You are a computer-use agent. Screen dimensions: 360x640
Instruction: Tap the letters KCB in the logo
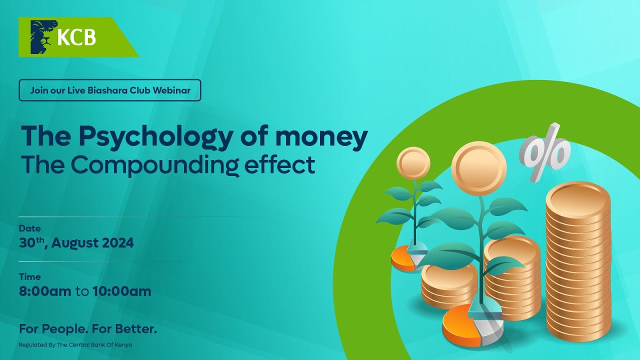[76, 37]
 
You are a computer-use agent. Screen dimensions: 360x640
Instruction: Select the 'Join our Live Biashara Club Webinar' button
[110, 90]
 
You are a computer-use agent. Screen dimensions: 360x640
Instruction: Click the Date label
[29, 228]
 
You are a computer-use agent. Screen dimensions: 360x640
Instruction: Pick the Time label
[29, 276]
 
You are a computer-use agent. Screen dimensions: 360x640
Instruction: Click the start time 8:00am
[45, 291]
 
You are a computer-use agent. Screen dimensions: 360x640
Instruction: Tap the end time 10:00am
[121, 291]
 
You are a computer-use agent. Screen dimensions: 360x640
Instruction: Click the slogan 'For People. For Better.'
[88, 329]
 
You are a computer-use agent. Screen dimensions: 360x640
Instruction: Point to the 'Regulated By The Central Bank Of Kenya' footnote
[75, 345]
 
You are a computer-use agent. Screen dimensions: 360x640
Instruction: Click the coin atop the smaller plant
[413, 163]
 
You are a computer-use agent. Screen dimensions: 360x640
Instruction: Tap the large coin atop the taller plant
[478, 168]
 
